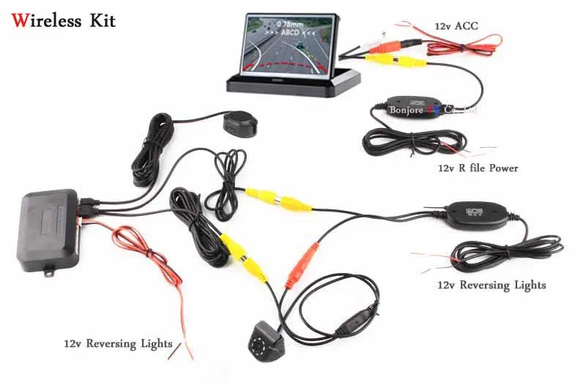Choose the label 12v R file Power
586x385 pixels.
478,168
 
